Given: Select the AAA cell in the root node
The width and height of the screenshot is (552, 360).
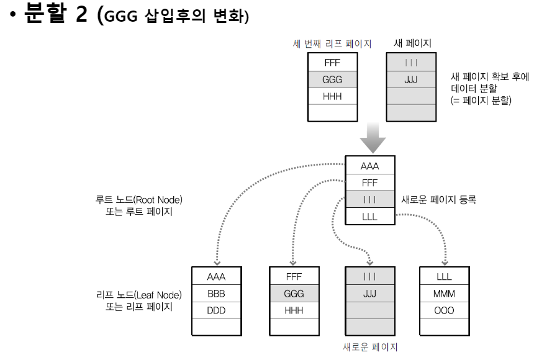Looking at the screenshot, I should click(x=369, y=167).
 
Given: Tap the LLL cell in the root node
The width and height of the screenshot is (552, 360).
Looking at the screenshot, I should click(x=369, y=217).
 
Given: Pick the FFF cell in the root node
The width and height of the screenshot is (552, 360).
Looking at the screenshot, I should click(x=369, y=184).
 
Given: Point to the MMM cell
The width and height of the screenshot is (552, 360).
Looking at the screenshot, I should click(x=443, y=293).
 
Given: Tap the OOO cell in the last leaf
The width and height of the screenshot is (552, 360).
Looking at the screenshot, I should click(x=443, y=309).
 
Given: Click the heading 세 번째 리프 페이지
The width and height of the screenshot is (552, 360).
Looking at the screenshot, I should click(x=332, y=43).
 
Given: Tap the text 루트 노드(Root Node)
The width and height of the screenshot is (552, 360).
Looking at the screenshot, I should click(x=139, y=200).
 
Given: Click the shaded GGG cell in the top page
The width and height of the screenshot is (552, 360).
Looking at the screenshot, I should click(x=332, y=80).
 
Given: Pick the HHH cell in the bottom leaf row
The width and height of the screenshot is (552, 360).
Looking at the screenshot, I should click(x=293, y=309).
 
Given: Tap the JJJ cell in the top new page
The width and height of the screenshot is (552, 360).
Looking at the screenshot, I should click(x=410, y=80).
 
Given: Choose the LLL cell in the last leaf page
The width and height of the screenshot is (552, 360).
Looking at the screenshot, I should click(x=443, y=276).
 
